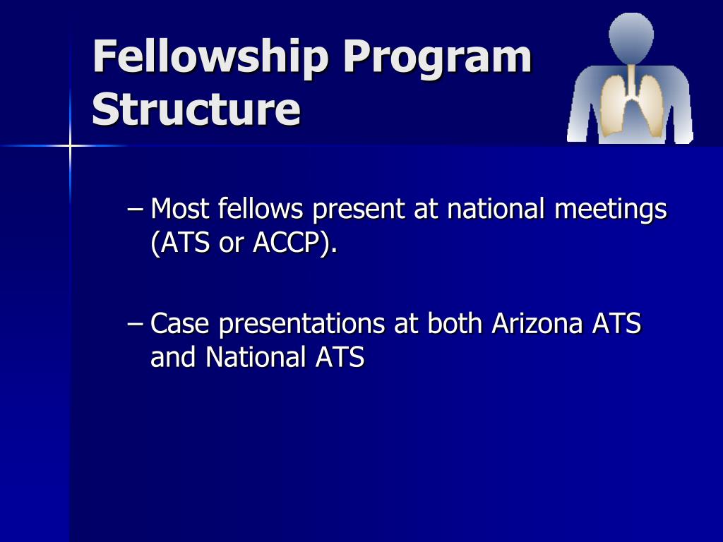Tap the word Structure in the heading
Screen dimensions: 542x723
(x=196, y=109)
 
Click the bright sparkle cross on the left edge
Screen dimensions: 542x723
(x=71, y=146)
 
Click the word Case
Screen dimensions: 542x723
(x=181, y=324)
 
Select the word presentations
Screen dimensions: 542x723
(x=301, y=325)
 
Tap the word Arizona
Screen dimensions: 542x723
(x=537, y=324)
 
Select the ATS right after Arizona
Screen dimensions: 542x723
(x=616, y=324)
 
